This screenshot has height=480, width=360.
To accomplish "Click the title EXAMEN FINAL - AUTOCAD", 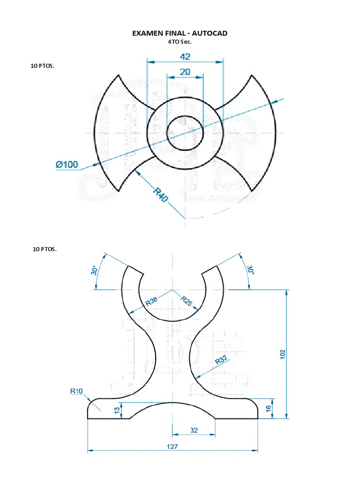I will click(x=180, y=33).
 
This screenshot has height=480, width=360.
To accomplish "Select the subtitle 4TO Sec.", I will click(x=180, y=41).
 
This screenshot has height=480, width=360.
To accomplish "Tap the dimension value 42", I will click(x=185, y=56).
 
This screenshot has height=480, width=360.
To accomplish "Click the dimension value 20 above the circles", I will click(x=185, y=71).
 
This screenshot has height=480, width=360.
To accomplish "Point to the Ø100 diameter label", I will click(x=67, y=165).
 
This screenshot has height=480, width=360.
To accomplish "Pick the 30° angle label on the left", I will click(x=94, y=271).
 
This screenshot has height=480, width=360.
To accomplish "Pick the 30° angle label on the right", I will click(x=250, y=270).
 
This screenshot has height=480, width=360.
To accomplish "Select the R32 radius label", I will click(x=221, y=360).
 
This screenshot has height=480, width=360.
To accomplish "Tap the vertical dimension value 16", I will click(x=269, y=409).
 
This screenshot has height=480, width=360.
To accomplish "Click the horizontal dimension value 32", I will click(x=194, y=430).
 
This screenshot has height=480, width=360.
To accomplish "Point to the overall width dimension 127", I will click(x=172, y=446).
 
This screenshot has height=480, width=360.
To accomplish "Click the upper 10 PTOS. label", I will click(x=42, y=66).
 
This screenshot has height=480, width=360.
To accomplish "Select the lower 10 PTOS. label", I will click(x=45, y=249).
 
